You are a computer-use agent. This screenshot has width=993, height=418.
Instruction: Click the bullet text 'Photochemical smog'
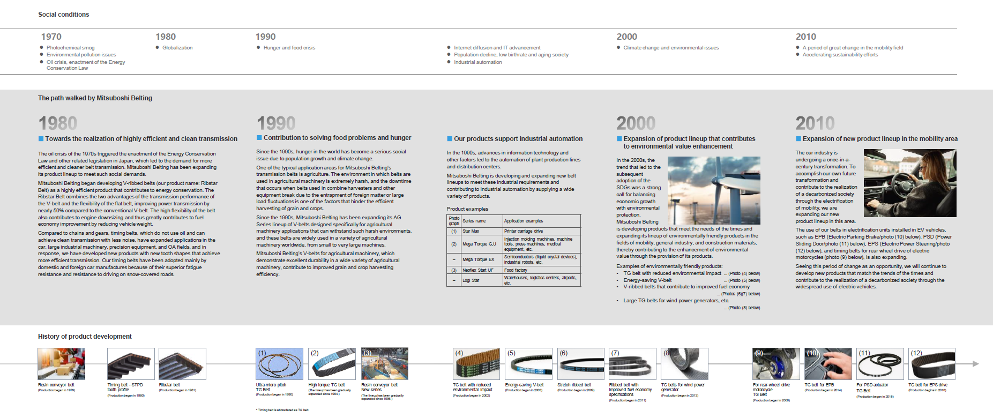tap(71, 48)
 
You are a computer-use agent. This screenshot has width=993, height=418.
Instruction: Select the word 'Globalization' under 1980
tap(177, 48)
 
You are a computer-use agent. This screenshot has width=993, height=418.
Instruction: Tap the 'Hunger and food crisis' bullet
tap(289, 48)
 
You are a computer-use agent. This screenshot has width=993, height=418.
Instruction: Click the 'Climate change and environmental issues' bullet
tap(671, 48)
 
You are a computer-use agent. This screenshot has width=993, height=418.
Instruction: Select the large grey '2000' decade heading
tap(636, 123)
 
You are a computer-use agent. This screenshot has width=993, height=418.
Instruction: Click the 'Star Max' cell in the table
tap(471, 231)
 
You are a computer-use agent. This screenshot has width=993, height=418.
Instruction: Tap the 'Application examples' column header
tap(524, 221)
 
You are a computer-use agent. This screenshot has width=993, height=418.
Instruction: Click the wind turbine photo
tap(714, 190)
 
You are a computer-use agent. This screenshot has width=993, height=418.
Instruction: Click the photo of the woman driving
tap(910, 183)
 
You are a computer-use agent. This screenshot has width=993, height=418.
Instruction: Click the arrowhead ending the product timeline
tap(975, 364)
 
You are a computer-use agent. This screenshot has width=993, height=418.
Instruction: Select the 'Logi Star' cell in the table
tap(471, 280)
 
